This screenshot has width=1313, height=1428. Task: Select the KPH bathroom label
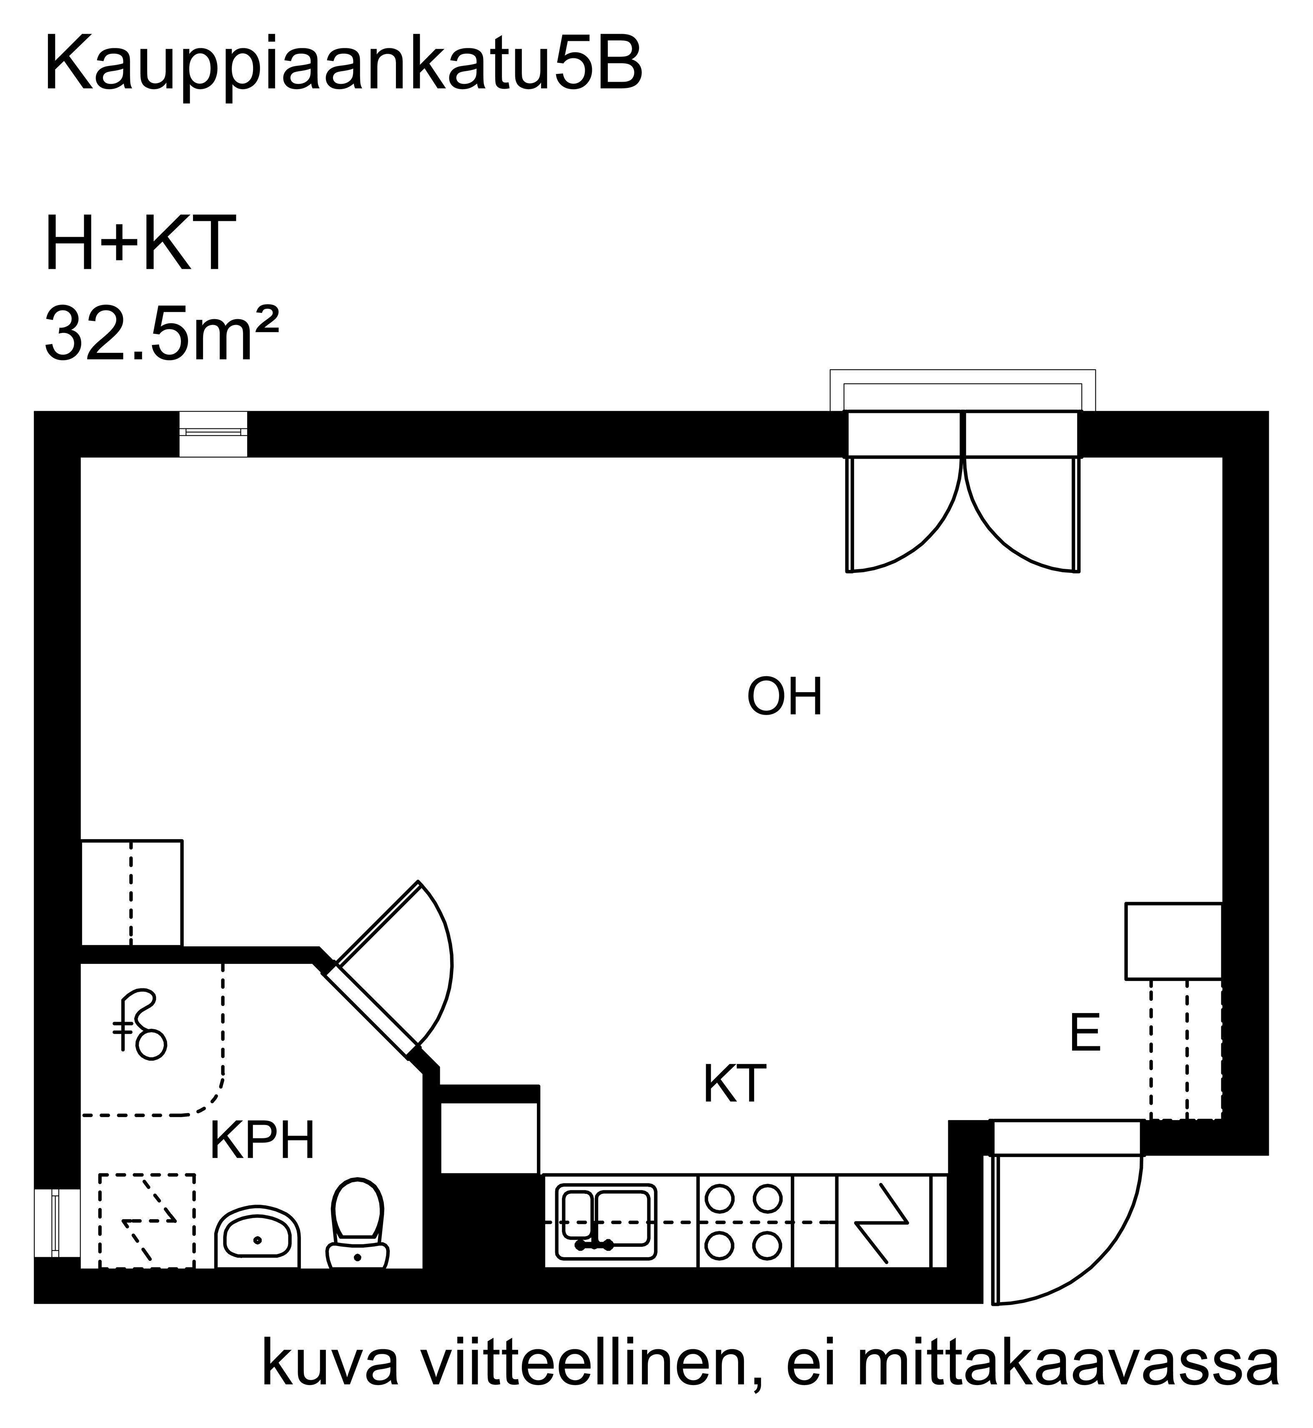click(x=262, y=1140)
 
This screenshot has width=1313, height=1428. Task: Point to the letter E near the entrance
click(x=1085, y=1033)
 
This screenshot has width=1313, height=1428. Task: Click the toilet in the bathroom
click(x=357, y=1223)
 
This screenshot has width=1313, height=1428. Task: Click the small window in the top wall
click(x=213, y=434)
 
